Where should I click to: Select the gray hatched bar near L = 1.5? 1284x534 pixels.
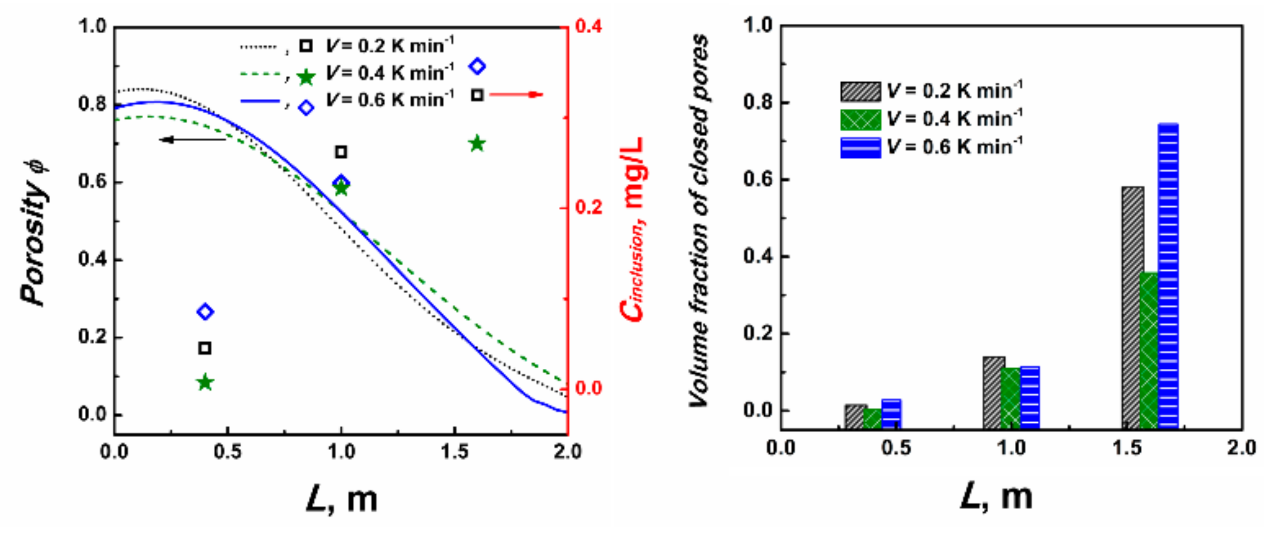click(1132, 307)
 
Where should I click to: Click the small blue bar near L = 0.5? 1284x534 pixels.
click(891, 414)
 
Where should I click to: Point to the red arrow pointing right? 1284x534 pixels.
click(516, 94)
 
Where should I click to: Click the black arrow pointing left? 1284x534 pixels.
click(192, 140)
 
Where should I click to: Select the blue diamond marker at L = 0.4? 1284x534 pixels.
click(205, 312)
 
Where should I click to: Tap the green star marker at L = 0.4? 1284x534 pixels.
click(205, 382)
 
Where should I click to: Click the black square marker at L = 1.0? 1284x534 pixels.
click(341, 152)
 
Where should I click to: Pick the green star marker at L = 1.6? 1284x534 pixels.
click(477, 144)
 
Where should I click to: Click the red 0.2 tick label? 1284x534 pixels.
click(589, 207)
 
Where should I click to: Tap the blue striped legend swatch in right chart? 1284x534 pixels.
click(860, 148)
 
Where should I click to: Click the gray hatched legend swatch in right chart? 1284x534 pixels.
click(860, 92)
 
